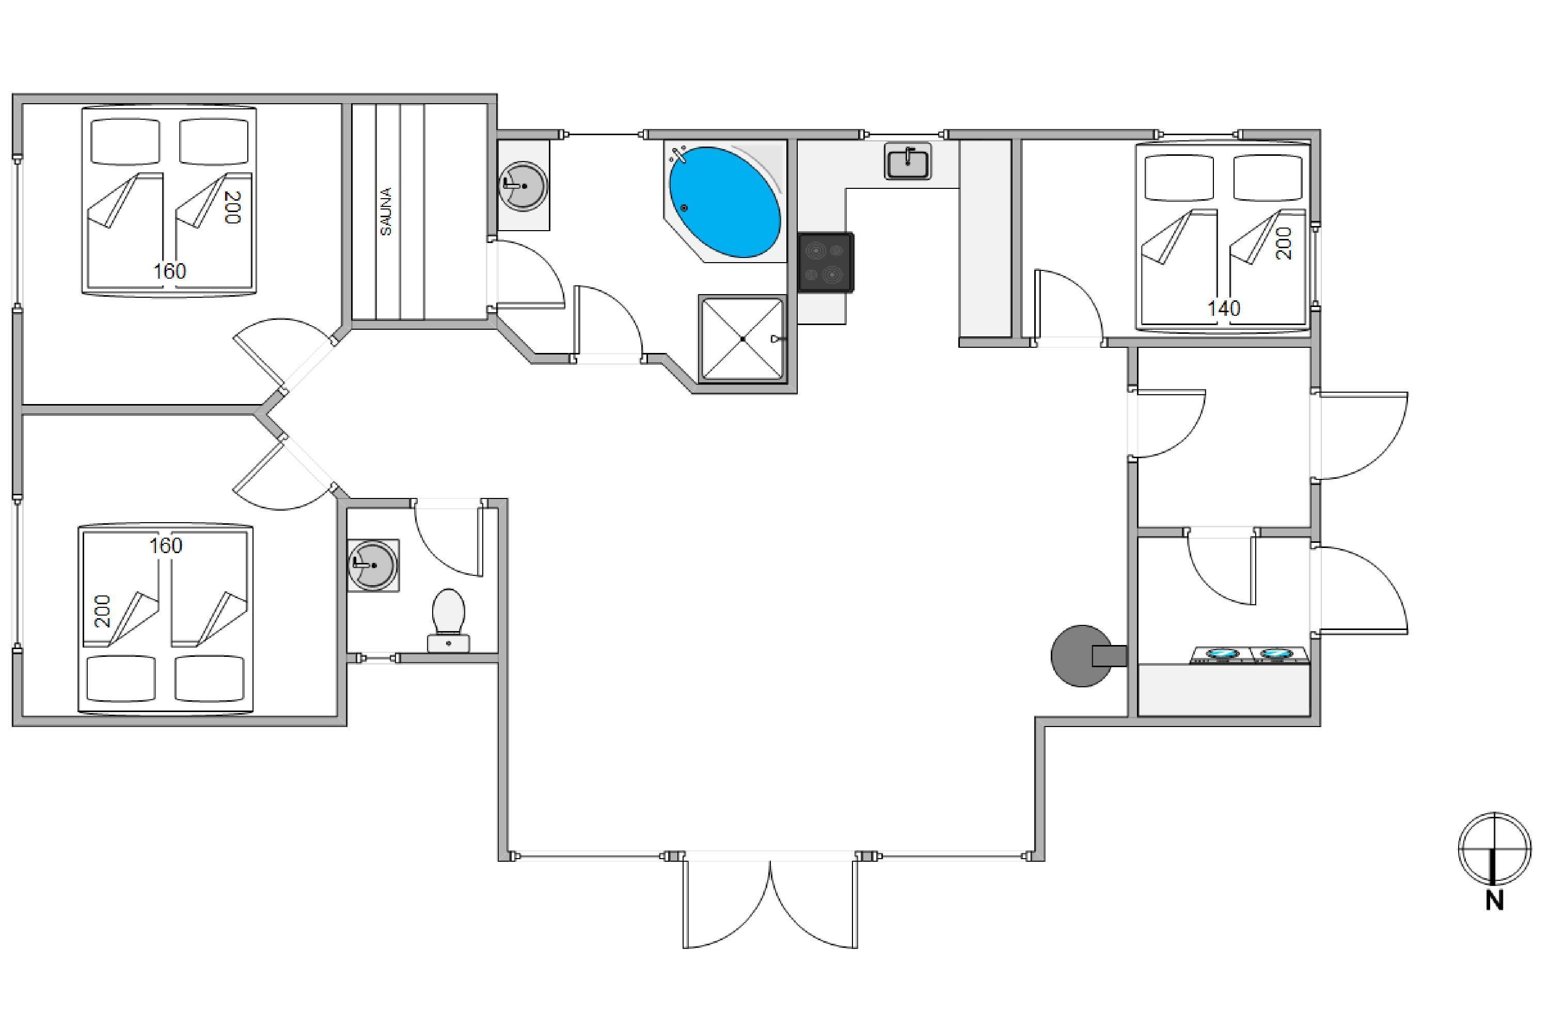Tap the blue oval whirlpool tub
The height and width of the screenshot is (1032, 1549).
(725, 202)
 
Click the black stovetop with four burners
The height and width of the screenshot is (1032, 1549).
(826, 262)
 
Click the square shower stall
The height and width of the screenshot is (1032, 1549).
(742, 338)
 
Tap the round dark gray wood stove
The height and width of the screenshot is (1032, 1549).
(1081, 655)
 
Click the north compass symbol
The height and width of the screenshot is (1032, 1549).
(1494, 848)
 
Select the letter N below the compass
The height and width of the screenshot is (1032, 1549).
(1494, 900)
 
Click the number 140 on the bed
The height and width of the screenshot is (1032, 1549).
(1224, 308)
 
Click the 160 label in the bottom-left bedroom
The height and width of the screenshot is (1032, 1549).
(165, 545)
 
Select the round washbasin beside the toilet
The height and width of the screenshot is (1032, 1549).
(373, 566)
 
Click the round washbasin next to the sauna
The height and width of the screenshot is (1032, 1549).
(524, 186)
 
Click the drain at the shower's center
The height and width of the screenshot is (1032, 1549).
(742, 339)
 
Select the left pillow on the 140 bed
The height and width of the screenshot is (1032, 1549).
(1178, 178)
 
